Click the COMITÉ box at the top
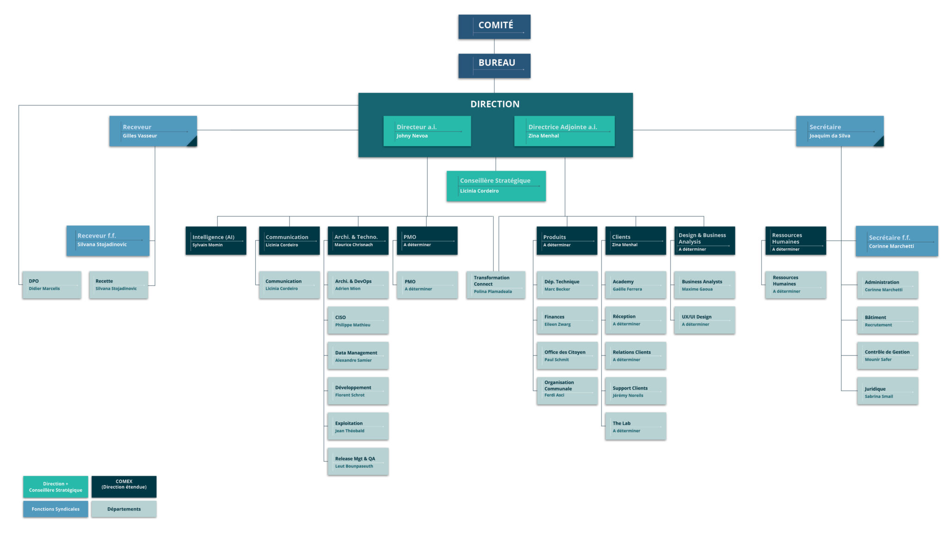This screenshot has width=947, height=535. [494, 27]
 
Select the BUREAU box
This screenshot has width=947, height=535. [494, 66]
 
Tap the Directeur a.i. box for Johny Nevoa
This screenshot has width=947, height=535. [427, 131]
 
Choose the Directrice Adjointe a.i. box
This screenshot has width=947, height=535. [564, 131]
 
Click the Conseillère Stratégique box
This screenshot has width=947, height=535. [496, 186]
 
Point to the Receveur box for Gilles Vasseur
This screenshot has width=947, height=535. [153, 131]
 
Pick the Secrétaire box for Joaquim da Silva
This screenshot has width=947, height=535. [840, 131]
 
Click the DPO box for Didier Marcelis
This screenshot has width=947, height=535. [52, 285]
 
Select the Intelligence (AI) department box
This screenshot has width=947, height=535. [216, 240]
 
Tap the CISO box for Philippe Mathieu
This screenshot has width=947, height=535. [358, 320]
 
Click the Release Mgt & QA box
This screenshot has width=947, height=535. [358, 461]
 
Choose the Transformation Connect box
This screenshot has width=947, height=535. [496, 285]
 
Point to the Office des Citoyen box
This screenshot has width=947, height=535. [567, 356]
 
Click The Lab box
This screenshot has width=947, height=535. [635, 426]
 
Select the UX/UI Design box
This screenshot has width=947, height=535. [704, 320]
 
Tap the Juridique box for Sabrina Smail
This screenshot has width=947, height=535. [887, 391]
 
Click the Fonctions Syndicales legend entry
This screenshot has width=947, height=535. [55, 509]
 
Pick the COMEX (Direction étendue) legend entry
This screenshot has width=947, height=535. [124, 487]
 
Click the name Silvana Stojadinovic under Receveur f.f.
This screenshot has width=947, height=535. [102, 245]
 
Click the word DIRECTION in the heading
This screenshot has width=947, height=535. [495, 105]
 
